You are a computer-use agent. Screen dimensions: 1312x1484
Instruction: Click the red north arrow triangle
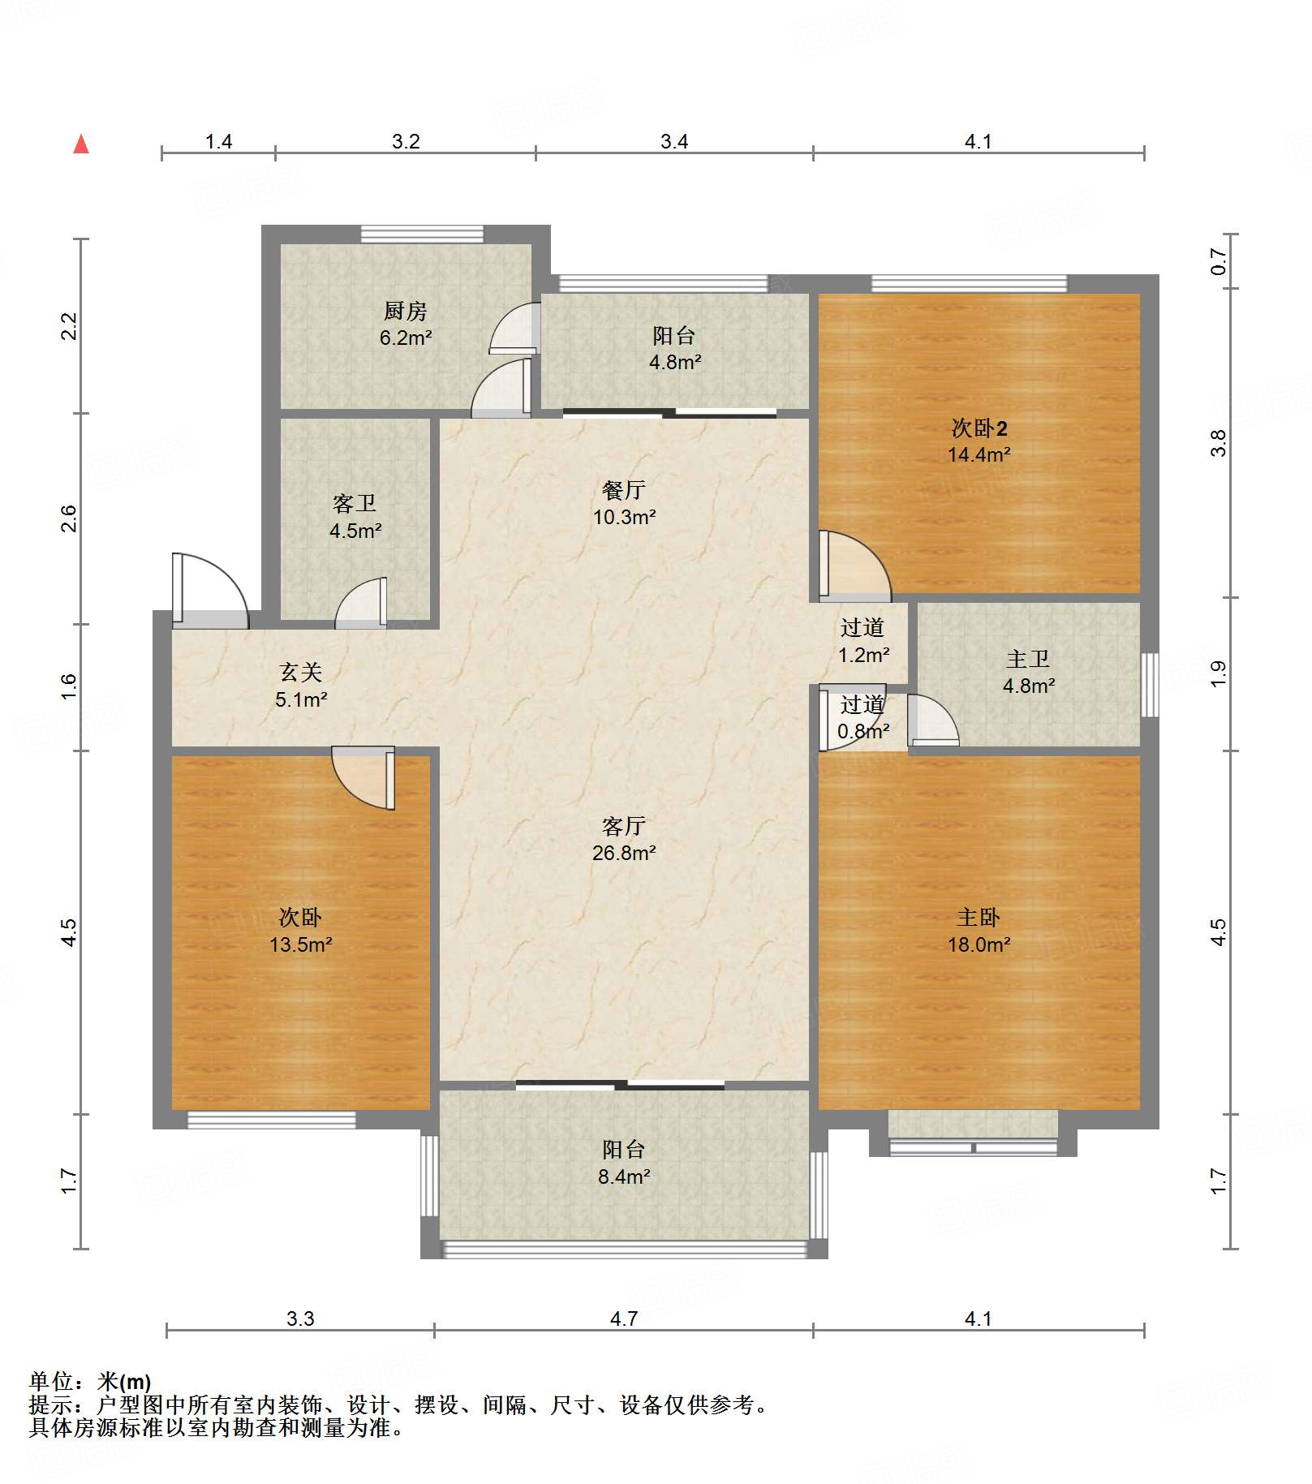tap(81, 144)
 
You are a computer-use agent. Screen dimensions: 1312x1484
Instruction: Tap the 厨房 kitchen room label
tap(405, 311)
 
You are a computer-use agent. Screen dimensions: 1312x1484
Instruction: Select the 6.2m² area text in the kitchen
tap(406, 338)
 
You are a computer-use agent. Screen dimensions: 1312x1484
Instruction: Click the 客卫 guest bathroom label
tap(355, 504)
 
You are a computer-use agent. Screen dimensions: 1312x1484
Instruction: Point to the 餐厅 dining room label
tap(624, 490)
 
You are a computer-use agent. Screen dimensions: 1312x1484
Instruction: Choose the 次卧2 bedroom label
tap(979, 428)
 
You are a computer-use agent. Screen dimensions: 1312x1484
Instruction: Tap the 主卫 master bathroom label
tap(1028, 659)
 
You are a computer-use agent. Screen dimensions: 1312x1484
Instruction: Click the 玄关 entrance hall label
tap(301, 672)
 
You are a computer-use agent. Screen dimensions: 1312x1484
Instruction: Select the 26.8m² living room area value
tap(624, 853)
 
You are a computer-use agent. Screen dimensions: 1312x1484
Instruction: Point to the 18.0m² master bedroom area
tap(979, 944)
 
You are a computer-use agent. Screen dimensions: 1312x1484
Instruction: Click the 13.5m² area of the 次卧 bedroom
tap(301, 944)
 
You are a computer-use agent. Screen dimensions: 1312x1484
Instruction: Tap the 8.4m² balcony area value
tap(624, 1176)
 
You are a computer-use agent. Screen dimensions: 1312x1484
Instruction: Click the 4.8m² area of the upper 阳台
tap(675, 363)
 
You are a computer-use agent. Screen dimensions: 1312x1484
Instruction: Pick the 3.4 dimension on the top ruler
tap(674, 142)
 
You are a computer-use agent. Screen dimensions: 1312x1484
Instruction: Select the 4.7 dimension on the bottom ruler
tap(624, 1318)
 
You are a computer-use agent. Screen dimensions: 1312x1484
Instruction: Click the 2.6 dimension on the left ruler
tap(69, 518)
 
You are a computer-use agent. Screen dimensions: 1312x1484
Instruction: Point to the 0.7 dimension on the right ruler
tap(1218, 261)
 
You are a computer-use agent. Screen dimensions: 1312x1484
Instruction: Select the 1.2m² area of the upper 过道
tap(864, 655)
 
